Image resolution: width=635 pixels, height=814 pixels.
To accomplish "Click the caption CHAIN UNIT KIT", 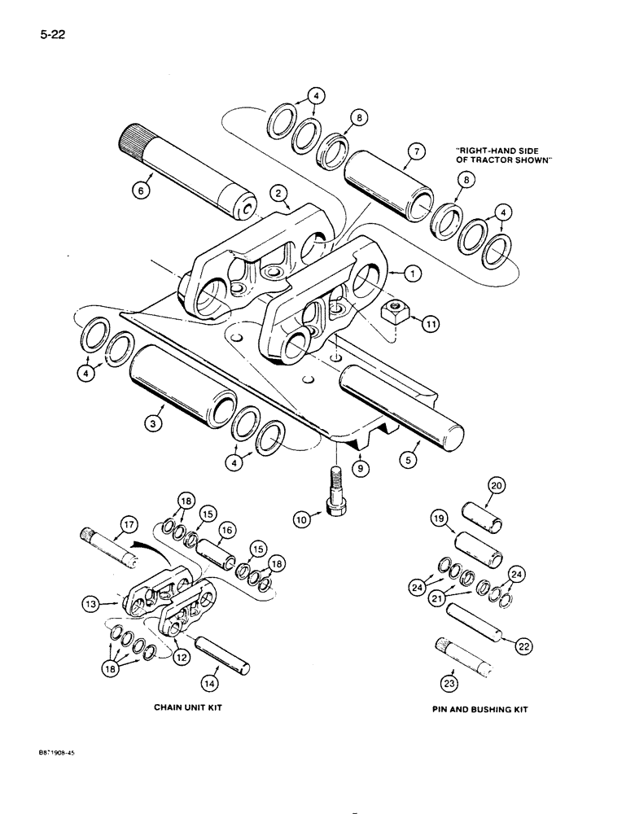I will point(188,708).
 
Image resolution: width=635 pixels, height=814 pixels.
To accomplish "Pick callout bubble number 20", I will point(495,486).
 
